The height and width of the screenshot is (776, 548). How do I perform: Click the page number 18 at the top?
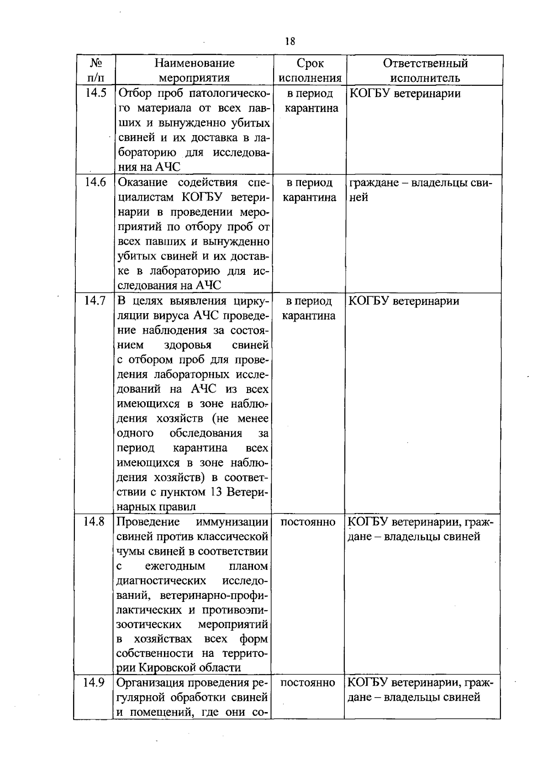tap(290, 42)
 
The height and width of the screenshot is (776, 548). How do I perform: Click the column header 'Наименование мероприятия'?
tap(194, 70)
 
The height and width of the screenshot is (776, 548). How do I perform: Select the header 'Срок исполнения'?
tap(310, 70)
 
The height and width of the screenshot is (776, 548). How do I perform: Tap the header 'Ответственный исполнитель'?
tap(425, 70)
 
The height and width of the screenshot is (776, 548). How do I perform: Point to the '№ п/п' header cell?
tap(95, 70)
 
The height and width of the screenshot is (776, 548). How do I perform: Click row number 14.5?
tap(95, 94)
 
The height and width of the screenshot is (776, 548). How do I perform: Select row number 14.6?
tap(95, 183)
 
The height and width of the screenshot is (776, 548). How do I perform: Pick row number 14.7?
tap(95, 301)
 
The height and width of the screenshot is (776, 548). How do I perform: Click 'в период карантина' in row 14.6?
tap(310, 190)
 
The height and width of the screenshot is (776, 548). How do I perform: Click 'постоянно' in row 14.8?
tap(308, 522)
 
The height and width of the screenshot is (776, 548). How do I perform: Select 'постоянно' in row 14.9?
tap(308, 683)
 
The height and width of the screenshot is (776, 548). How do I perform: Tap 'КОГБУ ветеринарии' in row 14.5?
tap(405, 94)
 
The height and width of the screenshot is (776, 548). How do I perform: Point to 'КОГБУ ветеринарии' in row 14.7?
tap(405, 301)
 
